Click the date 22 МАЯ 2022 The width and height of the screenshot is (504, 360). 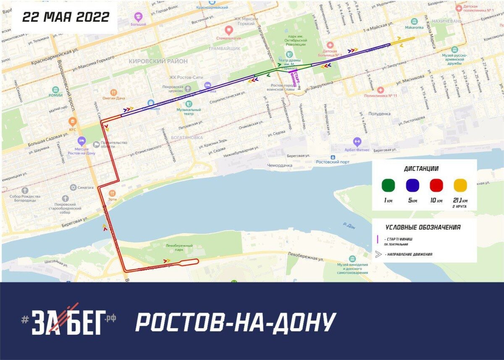pyautogui.click(x=66, y=17)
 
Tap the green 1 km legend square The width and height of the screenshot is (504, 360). pyautogui.click(x=388, y=185)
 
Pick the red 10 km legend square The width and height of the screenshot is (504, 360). pyautogui.click(x=436, y=185)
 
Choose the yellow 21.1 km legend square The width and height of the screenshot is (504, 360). pyautogui.click(x=460, y=185)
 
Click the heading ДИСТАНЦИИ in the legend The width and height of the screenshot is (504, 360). pyautogui.click(x=421, y=169)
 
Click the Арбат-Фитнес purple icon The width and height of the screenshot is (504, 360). pyautogui.click(x=357, y=142)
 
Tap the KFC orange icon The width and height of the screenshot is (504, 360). pyautogui.click(x=73, y=122)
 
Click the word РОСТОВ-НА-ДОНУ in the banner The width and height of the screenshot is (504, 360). pyautogui.click(x=236, y=322)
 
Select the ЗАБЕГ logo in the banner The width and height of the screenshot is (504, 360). pyautogui.click(x=69, y=320)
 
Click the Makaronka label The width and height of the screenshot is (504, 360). pyautogui.click(x=415, y=28)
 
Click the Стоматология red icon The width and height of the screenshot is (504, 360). pyautogui.click(x=228, y=30)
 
